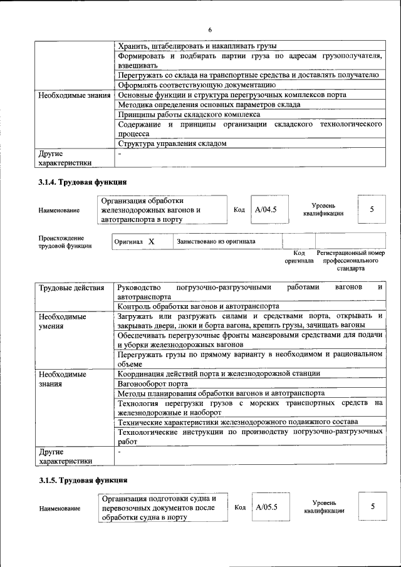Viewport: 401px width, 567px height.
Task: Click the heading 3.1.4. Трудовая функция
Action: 83,182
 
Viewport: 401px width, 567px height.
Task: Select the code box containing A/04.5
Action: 266,210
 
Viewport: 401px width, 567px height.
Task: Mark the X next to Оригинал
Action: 151,241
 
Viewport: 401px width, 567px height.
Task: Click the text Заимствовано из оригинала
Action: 216,241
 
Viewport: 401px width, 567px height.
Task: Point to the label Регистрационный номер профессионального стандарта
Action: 350,260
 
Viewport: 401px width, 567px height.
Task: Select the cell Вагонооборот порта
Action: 153,383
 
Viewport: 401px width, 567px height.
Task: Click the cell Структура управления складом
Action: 172,143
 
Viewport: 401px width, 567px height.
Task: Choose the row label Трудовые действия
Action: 71,288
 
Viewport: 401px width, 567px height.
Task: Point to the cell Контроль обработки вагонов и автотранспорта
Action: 198,306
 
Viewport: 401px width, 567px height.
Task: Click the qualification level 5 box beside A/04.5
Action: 372,209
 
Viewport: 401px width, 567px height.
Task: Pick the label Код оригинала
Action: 299,256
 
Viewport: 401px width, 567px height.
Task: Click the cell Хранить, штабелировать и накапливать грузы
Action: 197,46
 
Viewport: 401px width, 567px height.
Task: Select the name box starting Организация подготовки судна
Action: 162,508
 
